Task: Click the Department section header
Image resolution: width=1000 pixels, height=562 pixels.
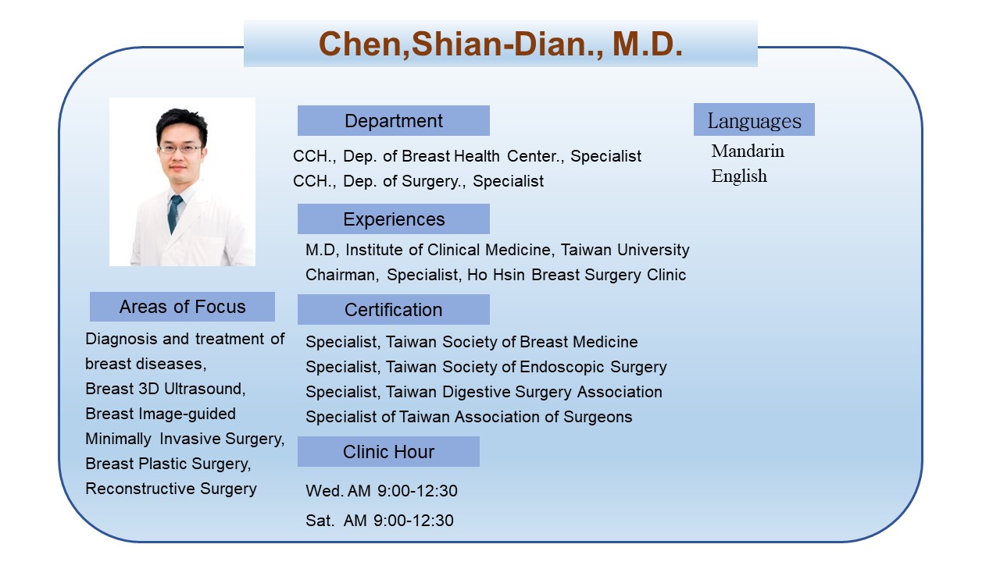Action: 393,120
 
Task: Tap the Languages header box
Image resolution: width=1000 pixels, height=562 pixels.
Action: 754,119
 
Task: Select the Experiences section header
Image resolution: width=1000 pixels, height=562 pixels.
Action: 393,219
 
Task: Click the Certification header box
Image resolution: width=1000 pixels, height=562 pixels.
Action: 393,310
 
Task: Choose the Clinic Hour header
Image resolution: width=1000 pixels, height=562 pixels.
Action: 388,452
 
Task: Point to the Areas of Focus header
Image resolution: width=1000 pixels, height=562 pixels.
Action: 182,307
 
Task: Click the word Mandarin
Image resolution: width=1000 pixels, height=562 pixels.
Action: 748,151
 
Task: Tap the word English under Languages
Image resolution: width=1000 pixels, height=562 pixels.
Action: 739,176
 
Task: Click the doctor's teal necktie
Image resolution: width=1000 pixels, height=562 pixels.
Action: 174,214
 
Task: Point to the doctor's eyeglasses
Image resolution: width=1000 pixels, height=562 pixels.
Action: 180,149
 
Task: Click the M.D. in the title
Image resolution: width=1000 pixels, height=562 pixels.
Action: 648,44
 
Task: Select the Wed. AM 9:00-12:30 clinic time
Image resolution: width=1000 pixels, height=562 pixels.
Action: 382,491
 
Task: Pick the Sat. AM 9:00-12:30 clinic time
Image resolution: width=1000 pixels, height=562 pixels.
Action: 380,521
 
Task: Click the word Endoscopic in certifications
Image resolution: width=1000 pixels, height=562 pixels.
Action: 561,367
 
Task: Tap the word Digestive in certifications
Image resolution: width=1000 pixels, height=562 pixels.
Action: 476,392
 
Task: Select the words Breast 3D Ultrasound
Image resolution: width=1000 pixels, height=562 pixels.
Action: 165,389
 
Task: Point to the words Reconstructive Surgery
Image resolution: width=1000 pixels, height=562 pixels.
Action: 171,489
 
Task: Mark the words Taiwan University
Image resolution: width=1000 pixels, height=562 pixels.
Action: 625,250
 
